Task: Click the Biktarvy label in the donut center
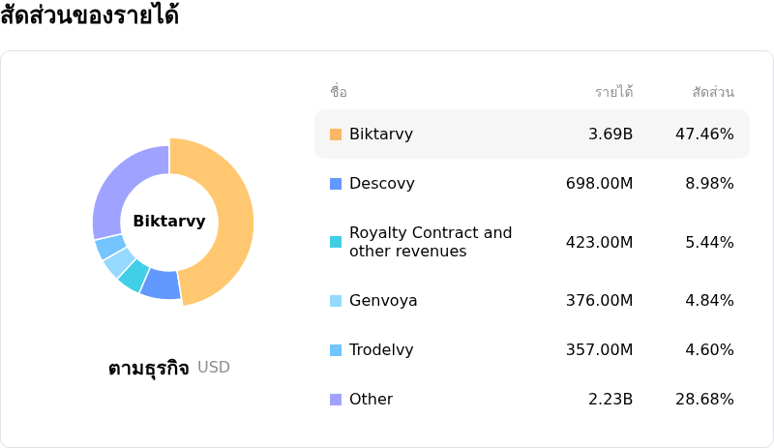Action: pos(169,222)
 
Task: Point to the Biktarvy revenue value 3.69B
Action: pos(610,134)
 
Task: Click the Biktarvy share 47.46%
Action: pos(704,134)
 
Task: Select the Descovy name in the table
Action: pos(381,184)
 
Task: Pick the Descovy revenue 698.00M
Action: pos(599,184)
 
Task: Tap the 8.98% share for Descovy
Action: pos(709,184)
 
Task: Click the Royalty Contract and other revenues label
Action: pos(431,242)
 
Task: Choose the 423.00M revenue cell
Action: pos(599,242)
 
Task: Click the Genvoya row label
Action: pos(383,301)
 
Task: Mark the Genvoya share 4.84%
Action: pos(709,301)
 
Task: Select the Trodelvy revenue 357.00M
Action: pos(599,350)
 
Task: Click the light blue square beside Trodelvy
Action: pos(336,350)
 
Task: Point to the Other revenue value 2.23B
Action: pos(610,400)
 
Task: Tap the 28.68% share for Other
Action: pos(704,400)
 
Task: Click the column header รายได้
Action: pos(613,92)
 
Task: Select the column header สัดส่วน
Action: pos(713,92)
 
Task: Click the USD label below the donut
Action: pos(214,368)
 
